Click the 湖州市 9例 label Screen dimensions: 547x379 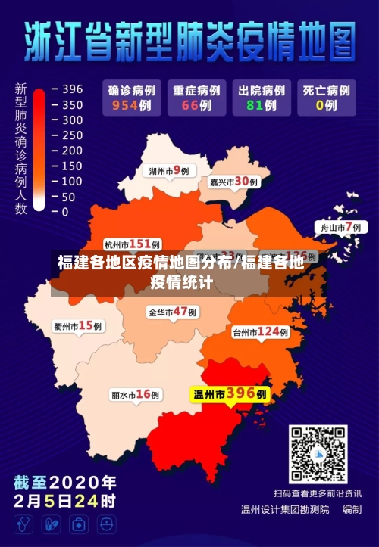(168, 171)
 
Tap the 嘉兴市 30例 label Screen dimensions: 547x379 (233, 182)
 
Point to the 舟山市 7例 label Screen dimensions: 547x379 (338, 227)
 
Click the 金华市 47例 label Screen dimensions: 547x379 (172, 312)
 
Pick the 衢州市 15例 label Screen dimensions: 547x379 (78, 326)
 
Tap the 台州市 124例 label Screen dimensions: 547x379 (260, 331)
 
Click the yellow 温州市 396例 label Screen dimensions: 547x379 (230, 394)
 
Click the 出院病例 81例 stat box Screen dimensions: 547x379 (260, 98)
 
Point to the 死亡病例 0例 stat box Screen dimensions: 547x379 (326, 98)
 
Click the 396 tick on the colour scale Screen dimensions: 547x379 (73, 89)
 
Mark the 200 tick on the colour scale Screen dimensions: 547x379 (73, 151)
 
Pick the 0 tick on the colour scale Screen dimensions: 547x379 (65, 213)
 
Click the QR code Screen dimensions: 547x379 (318, 455)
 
